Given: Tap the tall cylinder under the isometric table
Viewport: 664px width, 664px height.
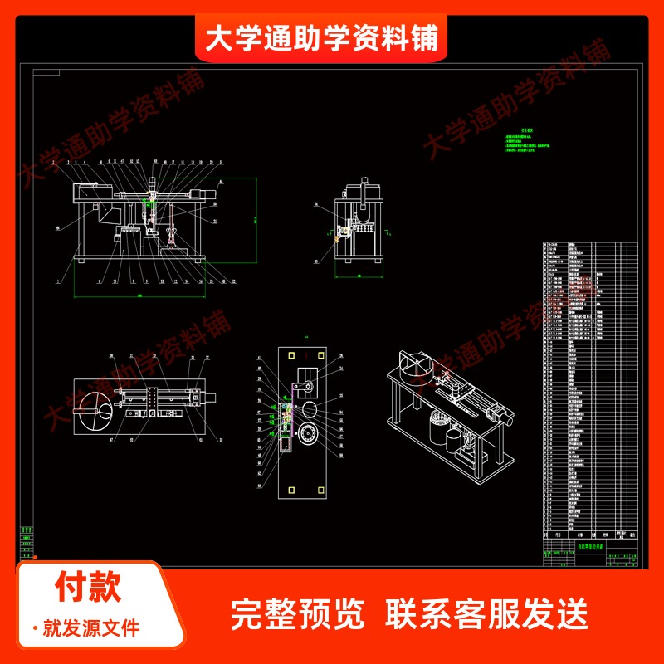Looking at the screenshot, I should pos(436,432).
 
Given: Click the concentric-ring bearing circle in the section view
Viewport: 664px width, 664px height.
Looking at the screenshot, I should pos(311,435).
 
